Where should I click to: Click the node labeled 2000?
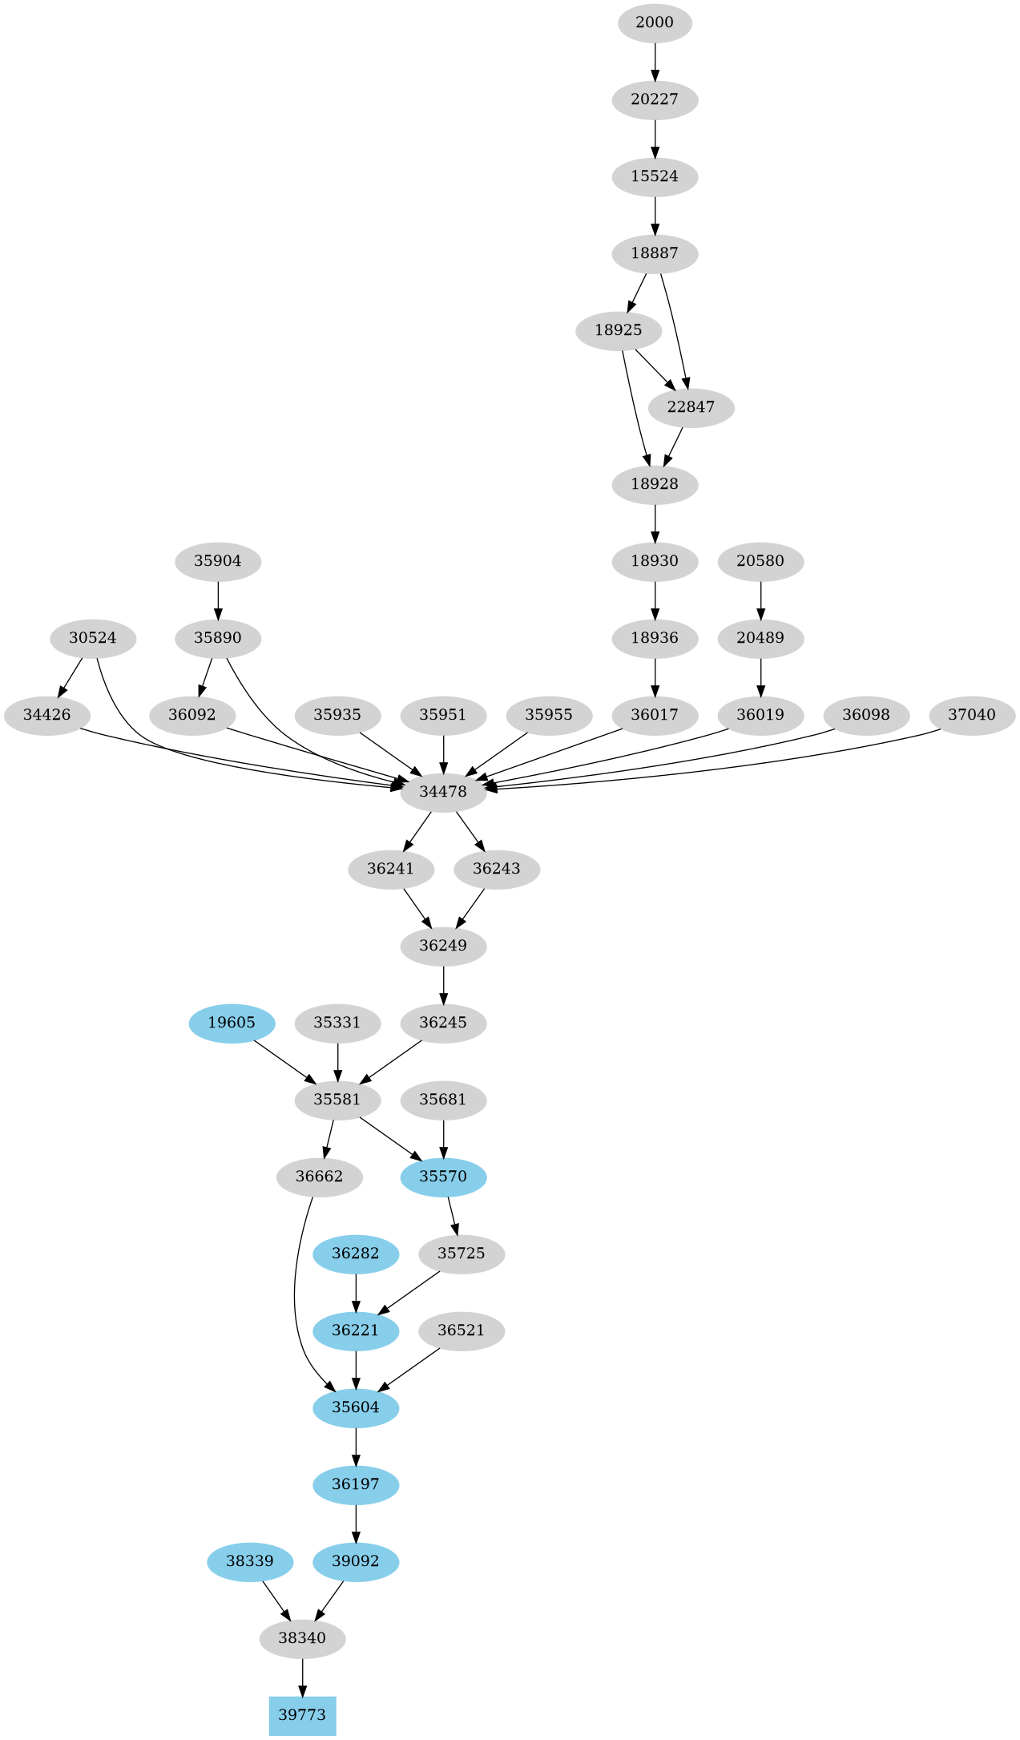coord(655,22)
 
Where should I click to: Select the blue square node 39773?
coord(302,1715)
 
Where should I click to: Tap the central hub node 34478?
coord(443,792)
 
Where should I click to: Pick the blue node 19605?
coord(232,1023)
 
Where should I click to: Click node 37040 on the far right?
coord(972,715)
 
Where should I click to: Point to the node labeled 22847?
coord(691,407)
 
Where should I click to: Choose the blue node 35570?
coord(443,1177)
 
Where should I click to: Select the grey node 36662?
coord(319,1177)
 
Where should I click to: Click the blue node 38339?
coord(250,1561)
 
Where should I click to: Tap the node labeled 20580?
coord(760,561)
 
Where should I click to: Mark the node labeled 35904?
coord(218,561)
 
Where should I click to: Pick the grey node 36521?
coord(462,1330)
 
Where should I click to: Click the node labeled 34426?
coord(46,715)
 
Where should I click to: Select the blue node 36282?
coord(355,1254)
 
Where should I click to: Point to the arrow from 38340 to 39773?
coord(302,1677)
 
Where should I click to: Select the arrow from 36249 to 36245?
coord(443,984)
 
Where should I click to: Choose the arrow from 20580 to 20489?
coord(760,600)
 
